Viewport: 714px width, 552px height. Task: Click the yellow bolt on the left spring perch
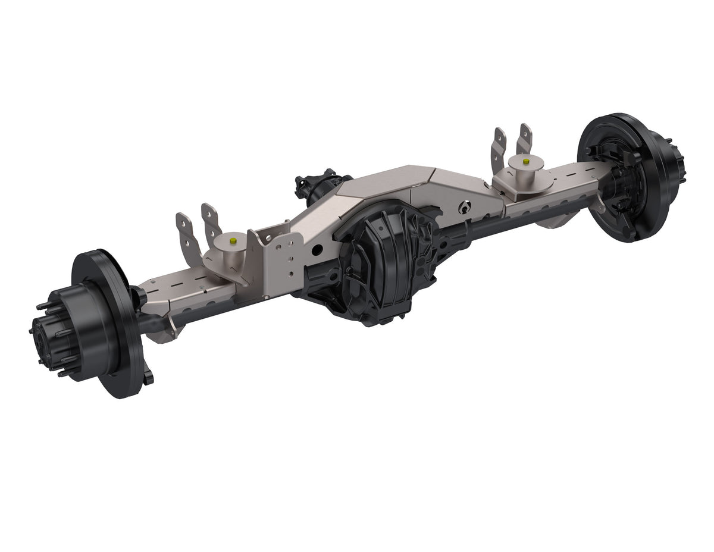pos(233,239)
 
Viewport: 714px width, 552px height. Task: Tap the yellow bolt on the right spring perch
pos(527,161)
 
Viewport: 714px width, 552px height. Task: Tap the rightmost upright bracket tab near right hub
pos(525,140)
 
